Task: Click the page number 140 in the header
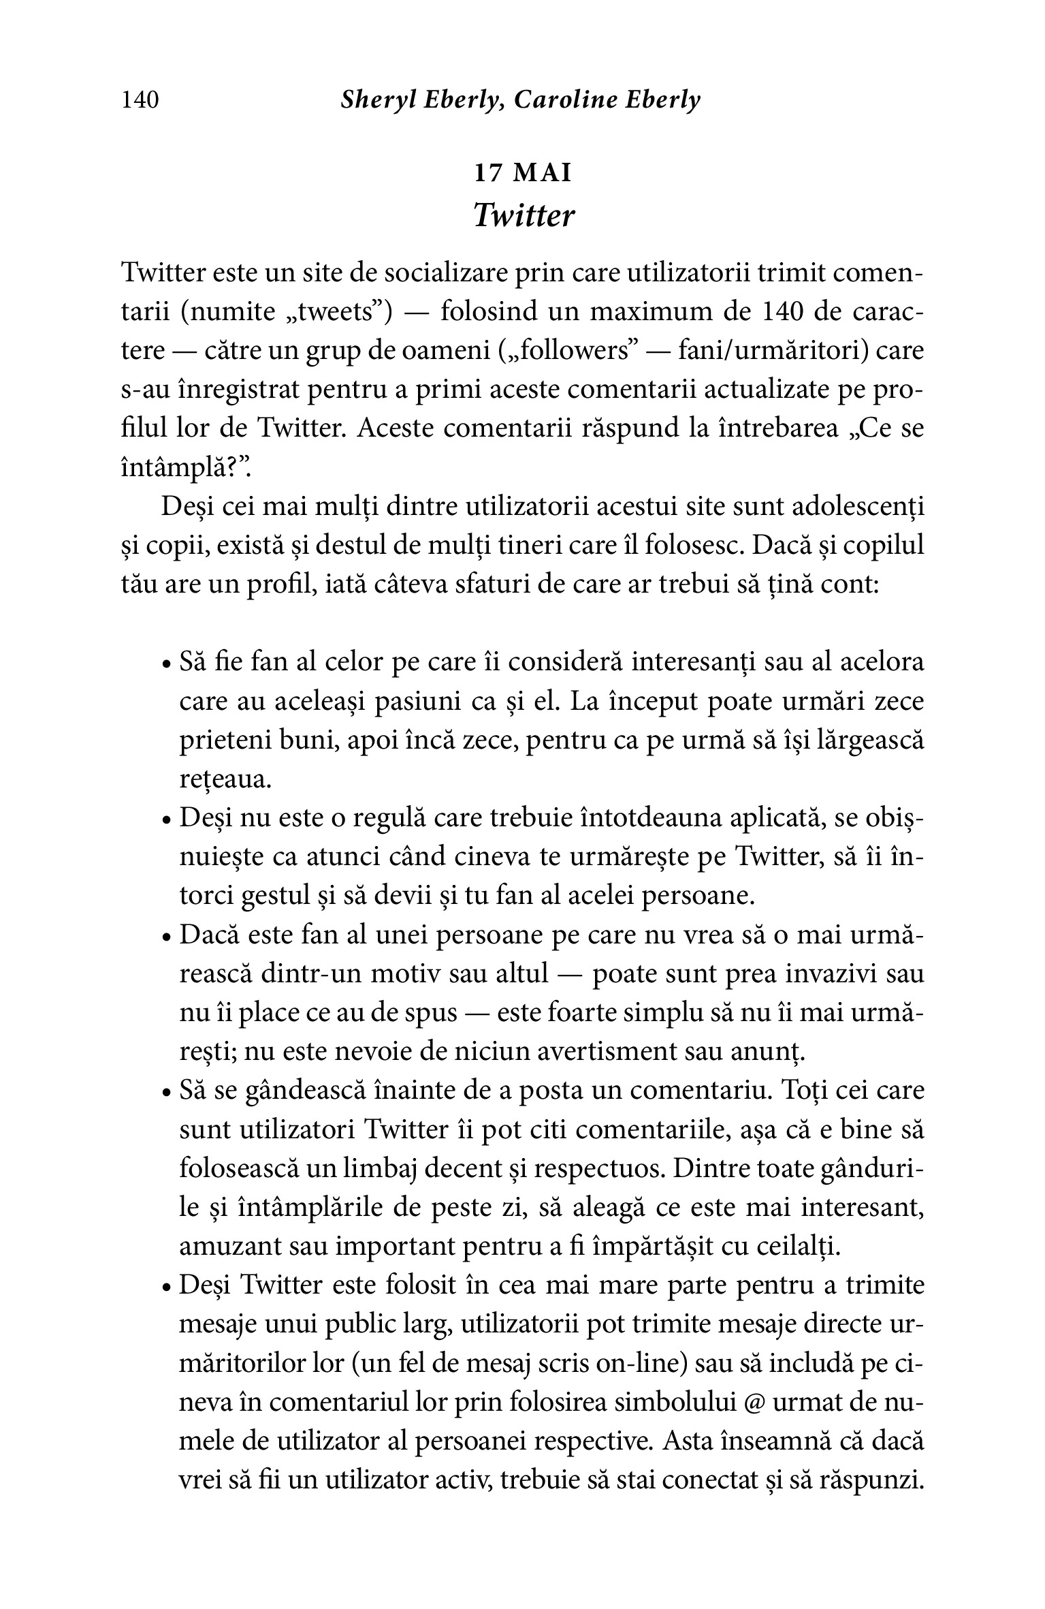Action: tap(140, 100)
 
